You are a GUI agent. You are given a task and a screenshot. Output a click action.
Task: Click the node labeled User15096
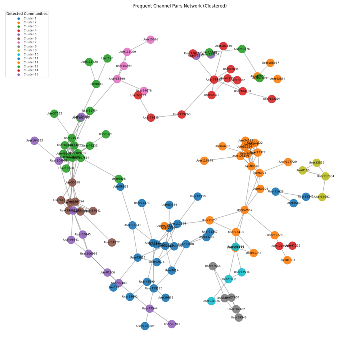(150, 40)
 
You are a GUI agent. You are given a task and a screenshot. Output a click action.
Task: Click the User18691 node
(322, 207)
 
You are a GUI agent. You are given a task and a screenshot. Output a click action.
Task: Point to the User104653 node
(34, 141)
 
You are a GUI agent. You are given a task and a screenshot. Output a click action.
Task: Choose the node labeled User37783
(54, 114)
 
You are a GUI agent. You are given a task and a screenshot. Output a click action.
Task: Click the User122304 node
(272, 99)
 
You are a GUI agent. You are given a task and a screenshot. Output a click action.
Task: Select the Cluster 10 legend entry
(31, 54)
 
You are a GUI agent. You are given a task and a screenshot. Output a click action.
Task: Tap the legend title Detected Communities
(27, 13)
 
